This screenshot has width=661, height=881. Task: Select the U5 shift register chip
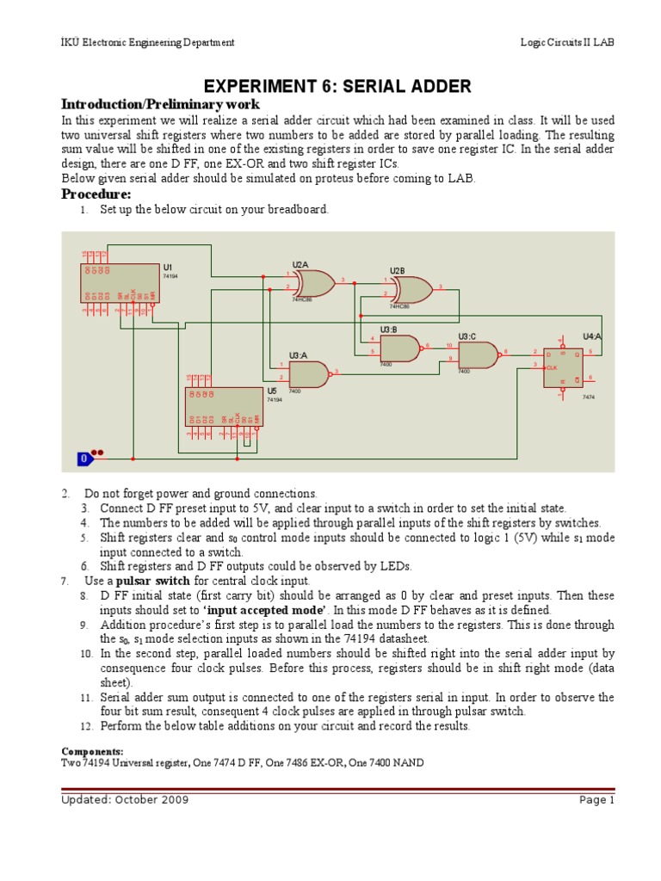click(x=225, y=406)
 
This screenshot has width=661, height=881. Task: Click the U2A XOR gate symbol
click(x=313, y=282)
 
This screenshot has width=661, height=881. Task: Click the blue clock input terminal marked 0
click(x=84, y=459)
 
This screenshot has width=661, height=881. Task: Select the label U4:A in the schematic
click(x=592, y=336)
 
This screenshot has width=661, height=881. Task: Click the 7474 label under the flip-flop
click(x=589, y=397)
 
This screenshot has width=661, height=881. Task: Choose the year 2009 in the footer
click(x=171, y=799)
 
